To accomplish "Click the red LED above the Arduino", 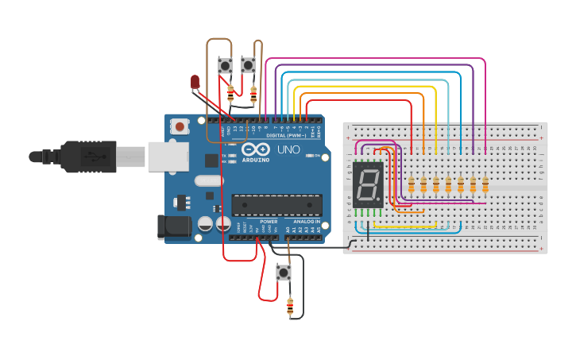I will coord(195,81).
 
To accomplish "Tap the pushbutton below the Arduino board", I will coord(283,273).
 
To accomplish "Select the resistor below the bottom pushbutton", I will coord(289,305).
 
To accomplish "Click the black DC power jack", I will coord(174,227).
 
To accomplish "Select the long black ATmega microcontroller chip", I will coord(276,204).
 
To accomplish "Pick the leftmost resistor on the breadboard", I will coord(412,185).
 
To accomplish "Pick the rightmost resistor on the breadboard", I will coord(485,185).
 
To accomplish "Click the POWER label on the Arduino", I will coord(269,222).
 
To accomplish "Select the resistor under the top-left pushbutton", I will coord(230,94).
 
